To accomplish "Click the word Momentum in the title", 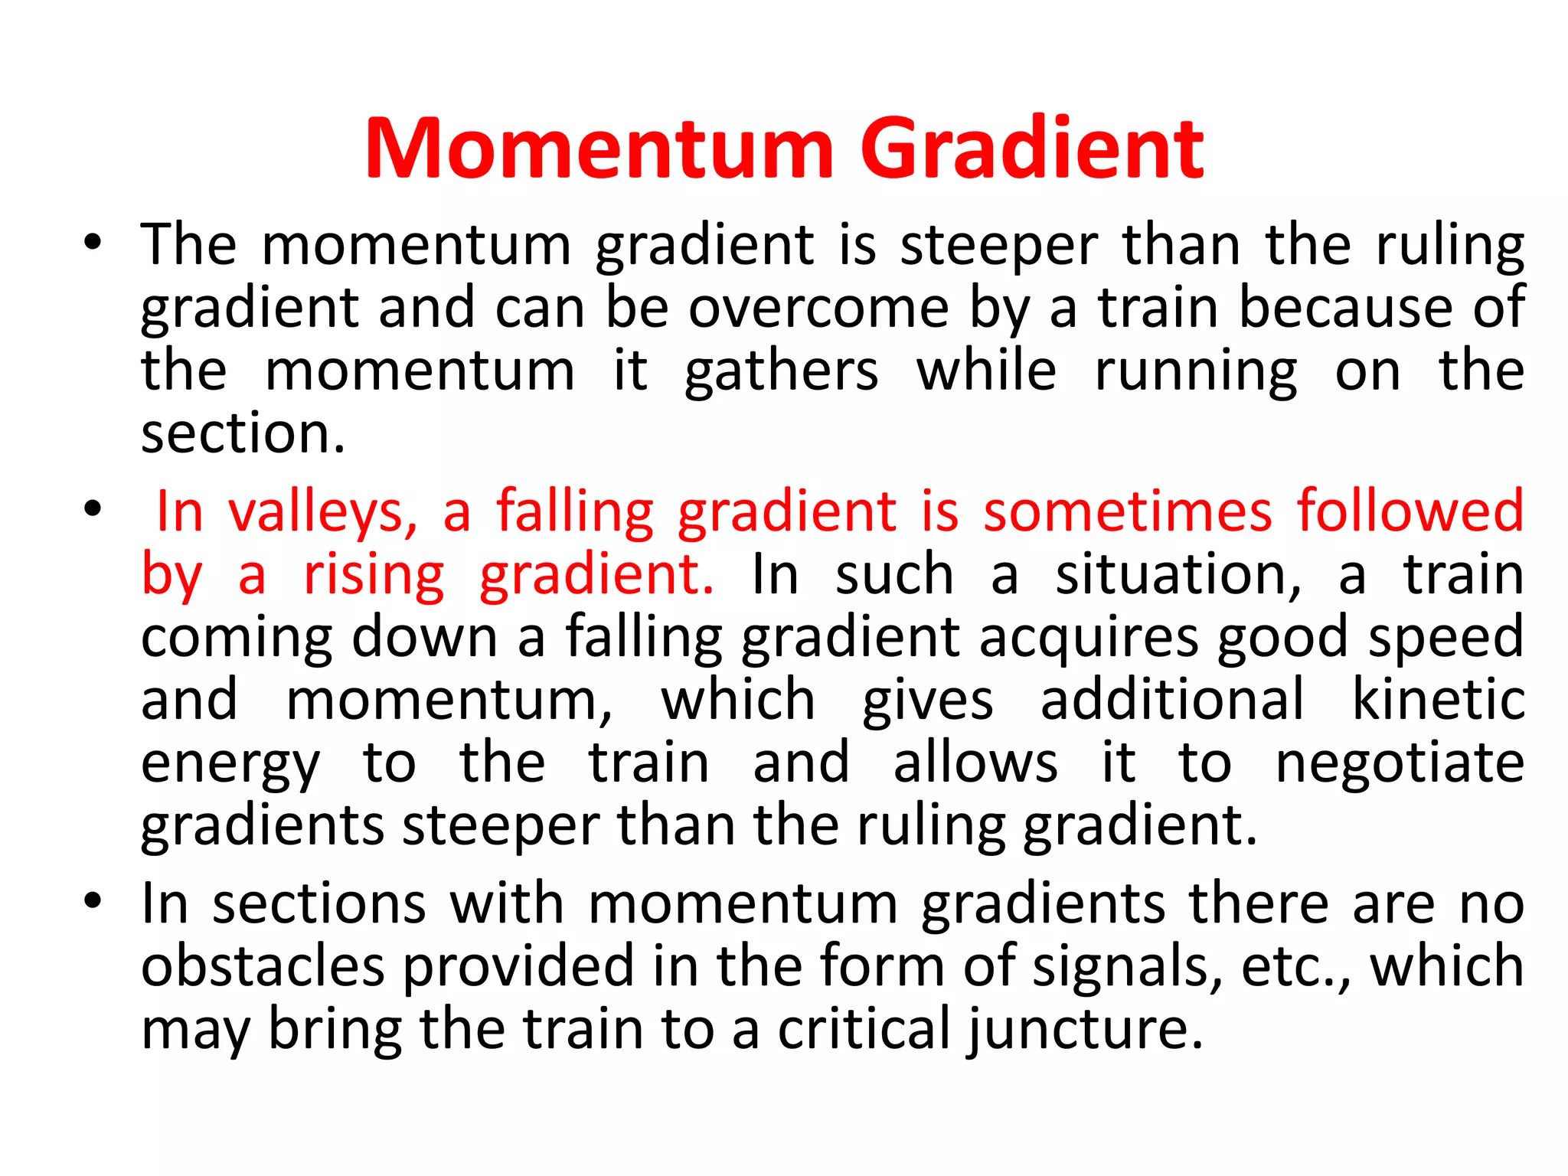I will [599, 149].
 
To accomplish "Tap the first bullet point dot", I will [93, 243].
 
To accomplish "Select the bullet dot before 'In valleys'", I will [93, 508].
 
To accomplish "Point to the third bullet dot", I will [93, 901].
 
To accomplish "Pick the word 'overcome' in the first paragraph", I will [818, 308].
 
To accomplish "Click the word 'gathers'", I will [781, 372].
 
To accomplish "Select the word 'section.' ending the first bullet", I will [243, 433].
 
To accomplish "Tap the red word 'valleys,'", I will [323, 511].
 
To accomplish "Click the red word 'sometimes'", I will [1127, 511].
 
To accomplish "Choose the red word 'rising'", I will [374, 576].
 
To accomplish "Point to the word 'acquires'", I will [1088, 639].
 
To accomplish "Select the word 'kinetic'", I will [1438, 700].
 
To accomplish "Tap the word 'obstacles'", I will [263, 966].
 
